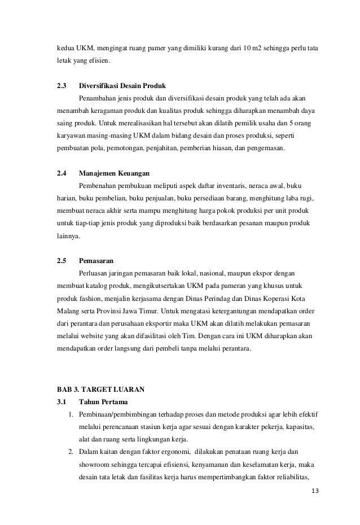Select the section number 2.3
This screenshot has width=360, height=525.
pos(62,86)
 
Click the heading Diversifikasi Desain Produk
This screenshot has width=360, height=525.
pos(122,86)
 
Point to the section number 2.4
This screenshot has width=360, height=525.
pos(62,173)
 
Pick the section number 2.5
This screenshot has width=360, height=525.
pos(62,260)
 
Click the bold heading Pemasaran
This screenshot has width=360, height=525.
pos(96,260)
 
